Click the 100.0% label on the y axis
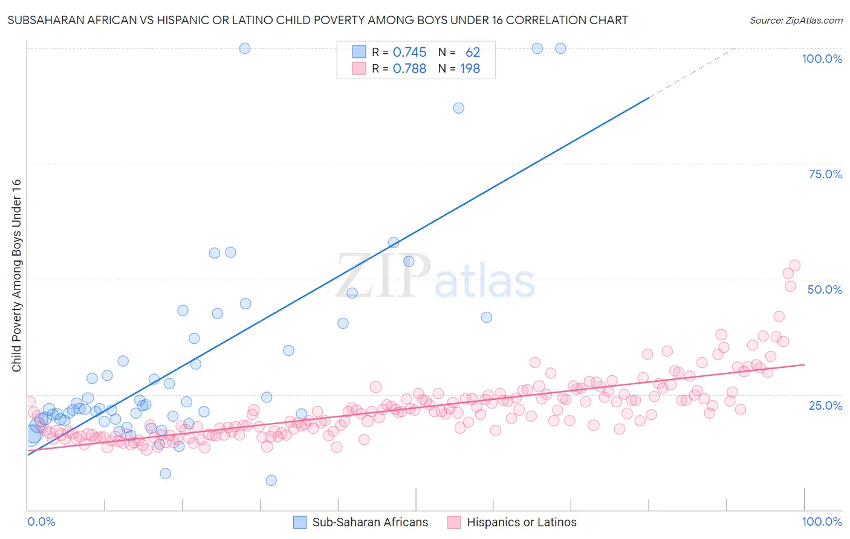click(x=822, y=59)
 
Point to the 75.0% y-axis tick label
click(x=825, y=174)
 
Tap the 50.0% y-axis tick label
click(x=825, y=289)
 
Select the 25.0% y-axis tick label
click(x=825, y=405)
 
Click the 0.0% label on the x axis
click(x=41, y=521)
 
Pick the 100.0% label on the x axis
click(x=822, y=521)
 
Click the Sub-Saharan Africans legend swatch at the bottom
click(x=300, y=522)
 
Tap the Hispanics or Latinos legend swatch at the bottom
click(x=454, y=522)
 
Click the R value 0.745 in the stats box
click(x=409, y=52)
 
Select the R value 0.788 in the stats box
click(x=409, y=68)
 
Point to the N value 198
click(x=470, y=68)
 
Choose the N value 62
click(x=473, y=52)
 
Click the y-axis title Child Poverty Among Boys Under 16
click(x=16, y=276)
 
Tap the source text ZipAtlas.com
click(x=796, y=21)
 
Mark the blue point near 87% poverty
click(x=459, y=108)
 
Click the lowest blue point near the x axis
click(x=271, y=480)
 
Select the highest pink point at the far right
click(x=795, y=265)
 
